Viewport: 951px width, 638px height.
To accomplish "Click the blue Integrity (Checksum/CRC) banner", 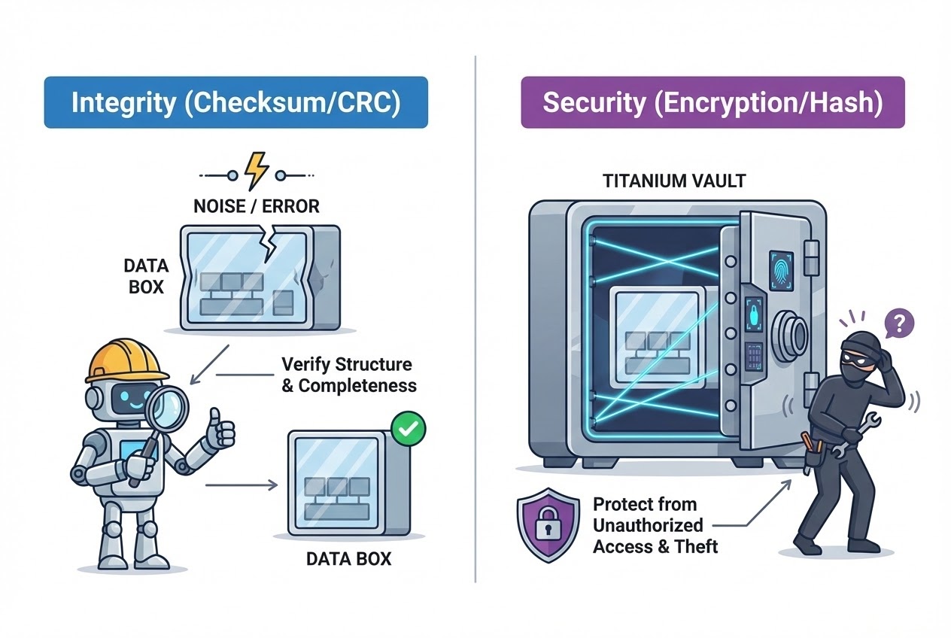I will point(235,102).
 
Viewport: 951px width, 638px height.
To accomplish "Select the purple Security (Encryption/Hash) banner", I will point(712,102).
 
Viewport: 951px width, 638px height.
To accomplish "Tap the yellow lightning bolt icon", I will point(257,172).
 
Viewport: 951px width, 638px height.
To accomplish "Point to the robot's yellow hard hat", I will point(126,360).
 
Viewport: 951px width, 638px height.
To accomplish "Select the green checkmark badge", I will point(409,430).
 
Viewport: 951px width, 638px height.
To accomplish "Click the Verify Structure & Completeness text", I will point(347,375).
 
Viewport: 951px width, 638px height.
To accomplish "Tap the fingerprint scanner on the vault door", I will point(778,268).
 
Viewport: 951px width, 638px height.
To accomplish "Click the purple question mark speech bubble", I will point(899,324).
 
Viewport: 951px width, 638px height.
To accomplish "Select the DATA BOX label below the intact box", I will point(348,559).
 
